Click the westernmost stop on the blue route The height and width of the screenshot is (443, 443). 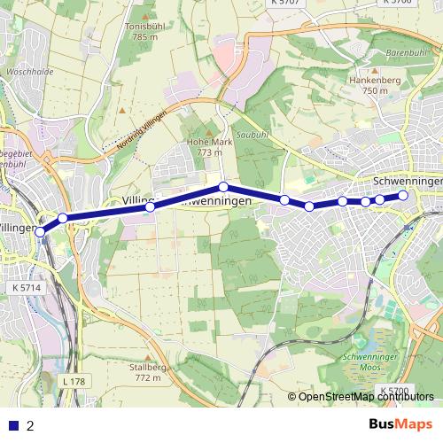tap(40, 231)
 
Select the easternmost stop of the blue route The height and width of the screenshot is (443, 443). tap(403, 195)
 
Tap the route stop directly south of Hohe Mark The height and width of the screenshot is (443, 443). tap(224, 187)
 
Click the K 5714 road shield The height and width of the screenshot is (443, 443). tap(27, 289)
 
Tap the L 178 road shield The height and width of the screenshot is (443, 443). tap(74, 381)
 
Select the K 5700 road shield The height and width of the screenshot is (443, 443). tap(394, 390)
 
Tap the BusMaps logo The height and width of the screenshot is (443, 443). tap(400, 424)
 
